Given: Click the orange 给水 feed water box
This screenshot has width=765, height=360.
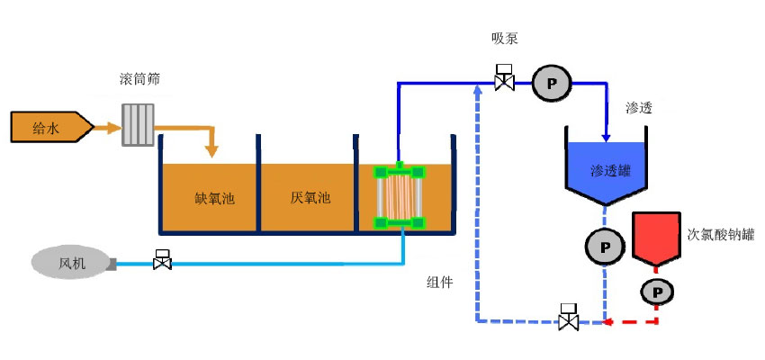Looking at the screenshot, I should pos(49,128).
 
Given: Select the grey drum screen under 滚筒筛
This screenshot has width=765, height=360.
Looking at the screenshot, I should pos(138,126).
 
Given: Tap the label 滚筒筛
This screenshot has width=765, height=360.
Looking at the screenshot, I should pos(140,80).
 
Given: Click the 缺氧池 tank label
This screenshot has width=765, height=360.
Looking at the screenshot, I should pos(214,198).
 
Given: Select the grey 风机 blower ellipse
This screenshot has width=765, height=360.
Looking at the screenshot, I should pos(69,263).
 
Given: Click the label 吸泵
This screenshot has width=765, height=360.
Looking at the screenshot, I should pos(504,38).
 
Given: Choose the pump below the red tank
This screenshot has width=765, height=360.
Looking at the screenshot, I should pos(658,291).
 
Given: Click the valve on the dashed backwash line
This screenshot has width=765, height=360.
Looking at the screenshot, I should pos(568,318).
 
